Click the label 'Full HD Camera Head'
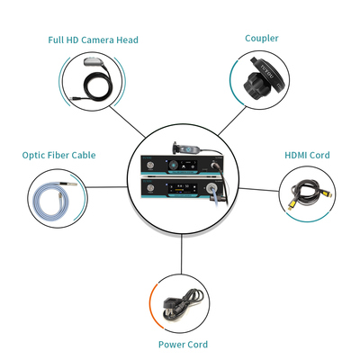click(93, 40)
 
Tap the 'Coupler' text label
click(262, 39)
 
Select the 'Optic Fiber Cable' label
click(58, 155)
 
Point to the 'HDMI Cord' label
click(307, 155)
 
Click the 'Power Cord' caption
click(183, 345)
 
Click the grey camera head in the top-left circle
click(94, 62)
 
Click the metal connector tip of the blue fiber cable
click(71, 184)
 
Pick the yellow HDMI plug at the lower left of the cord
click(291, 205)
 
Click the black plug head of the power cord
click(167, 306)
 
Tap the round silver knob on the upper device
click(150, 166)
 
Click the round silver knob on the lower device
click(150, 188)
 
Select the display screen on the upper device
click(189, 165)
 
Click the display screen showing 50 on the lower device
click(183, 188)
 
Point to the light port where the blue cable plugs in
click(211, 188)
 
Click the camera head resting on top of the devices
click(185, 148)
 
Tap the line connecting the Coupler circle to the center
click(233, 121)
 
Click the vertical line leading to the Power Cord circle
click(182, 254)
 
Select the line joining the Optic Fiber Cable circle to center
click(107, 187)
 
